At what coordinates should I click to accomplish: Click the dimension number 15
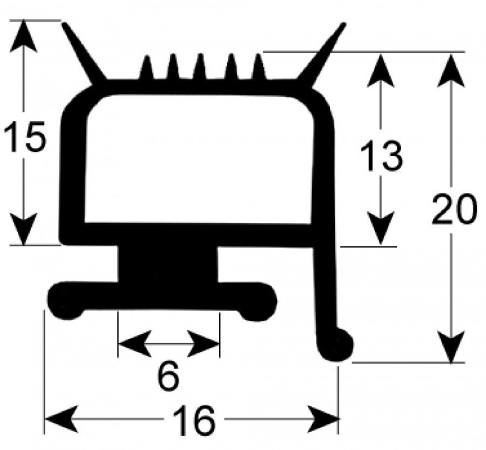point(25,137)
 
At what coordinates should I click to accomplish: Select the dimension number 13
point(381,156)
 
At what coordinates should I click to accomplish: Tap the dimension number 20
point(454,208)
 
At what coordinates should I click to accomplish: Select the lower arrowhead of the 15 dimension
point(24,229)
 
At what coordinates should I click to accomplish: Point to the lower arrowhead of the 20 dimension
point(451,346)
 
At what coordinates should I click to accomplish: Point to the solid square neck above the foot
point(168,264)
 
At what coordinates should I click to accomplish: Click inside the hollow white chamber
point(198,158)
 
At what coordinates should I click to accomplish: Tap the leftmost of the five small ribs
point(146,68)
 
